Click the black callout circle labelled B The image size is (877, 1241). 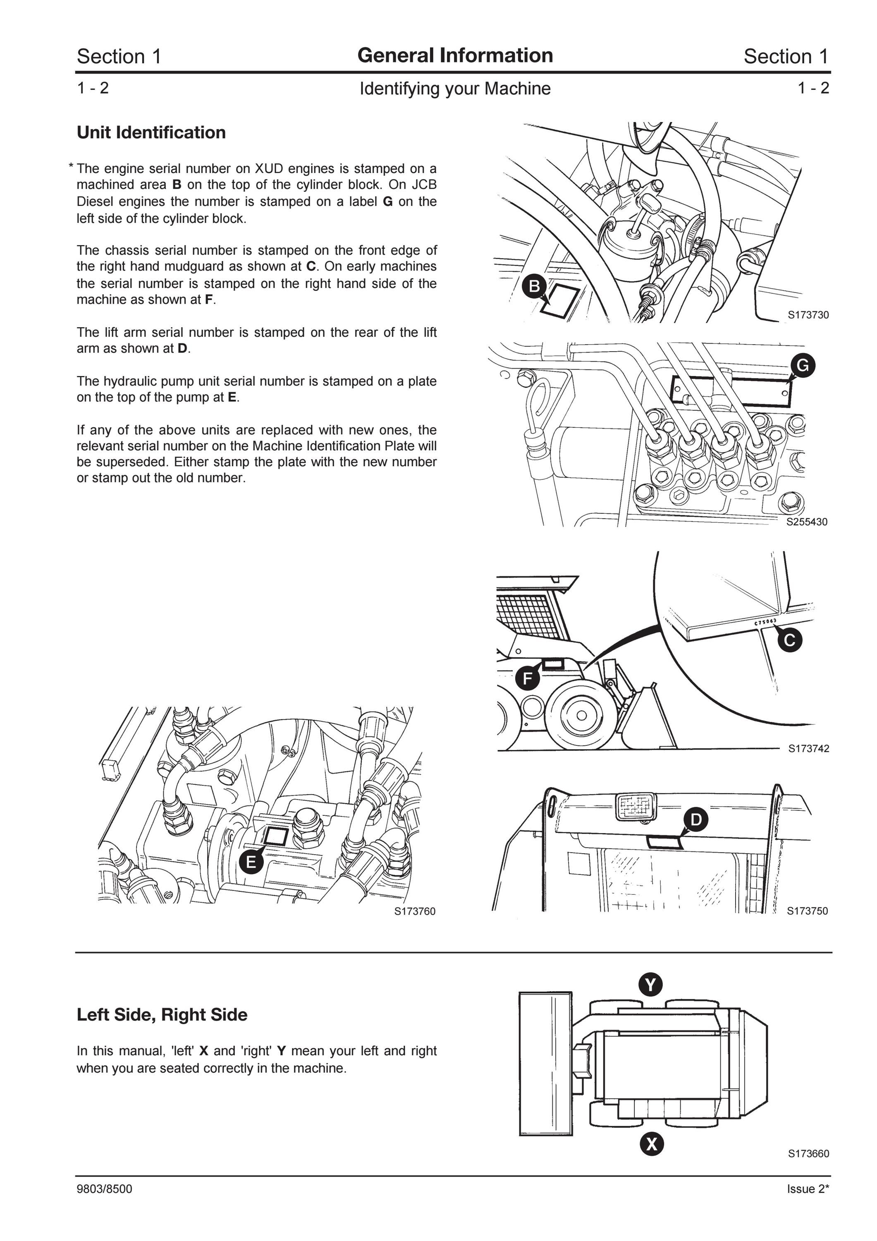534,286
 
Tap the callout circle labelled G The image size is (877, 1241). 803,366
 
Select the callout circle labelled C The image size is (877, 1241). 789,640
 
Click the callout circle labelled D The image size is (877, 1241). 696,820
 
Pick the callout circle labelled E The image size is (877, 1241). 251,862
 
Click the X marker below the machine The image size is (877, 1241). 652,1144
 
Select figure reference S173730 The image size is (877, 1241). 808,315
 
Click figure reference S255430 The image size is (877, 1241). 807,522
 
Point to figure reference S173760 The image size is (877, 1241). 414,911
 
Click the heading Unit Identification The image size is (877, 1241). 151,132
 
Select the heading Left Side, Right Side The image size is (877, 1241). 162,1015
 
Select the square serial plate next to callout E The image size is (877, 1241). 275,836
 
